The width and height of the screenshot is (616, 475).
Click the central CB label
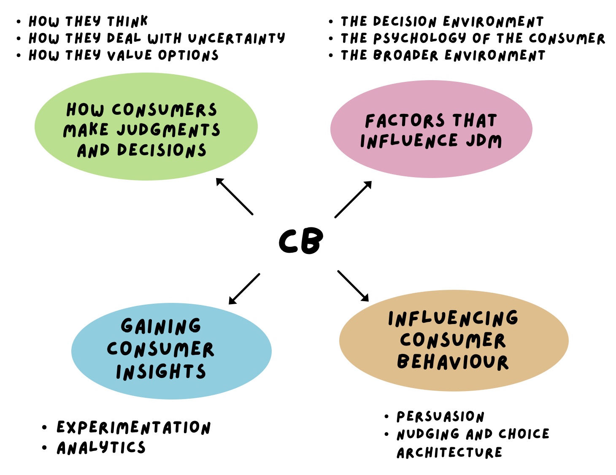click(301, 241)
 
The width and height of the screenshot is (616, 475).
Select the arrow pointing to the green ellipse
click(234, 196)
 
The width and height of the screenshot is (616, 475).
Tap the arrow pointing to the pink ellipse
click(353, 199)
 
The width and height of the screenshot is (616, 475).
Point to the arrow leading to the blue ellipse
click(244, 289)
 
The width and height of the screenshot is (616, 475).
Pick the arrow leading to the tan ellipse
click(353, 286)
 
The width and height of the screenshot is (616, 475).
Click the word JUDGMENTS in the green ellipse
click(168, 130)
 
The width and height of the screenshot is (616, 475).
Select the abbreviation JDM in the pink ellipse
click(484, 141)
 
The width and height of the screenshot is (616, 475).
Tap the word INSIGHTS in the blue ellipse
click(161, 372)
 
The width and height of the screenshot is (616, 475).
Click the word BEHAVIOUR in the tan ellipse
click(453, 362)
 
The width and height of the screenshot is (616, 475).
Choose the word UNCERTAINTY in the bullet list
click(236, 38)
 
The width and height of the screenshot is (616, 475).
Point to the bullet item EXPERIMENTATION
click(133, 427)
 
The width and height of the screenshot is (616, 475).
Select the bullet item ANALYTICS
click(101, 448)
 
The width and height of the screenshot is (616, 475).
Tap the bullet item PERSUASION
click(440, 417)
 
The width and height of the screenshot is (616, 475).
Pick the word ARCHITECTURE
click(449, 453)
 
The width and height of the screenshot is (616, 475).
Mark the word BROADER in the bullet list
click(405, 55)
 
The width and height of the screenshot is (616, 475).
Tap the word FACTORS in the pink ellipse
click(405, 121)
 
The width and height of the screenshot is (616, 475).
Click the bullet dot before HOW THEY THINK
click(19, 21)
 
